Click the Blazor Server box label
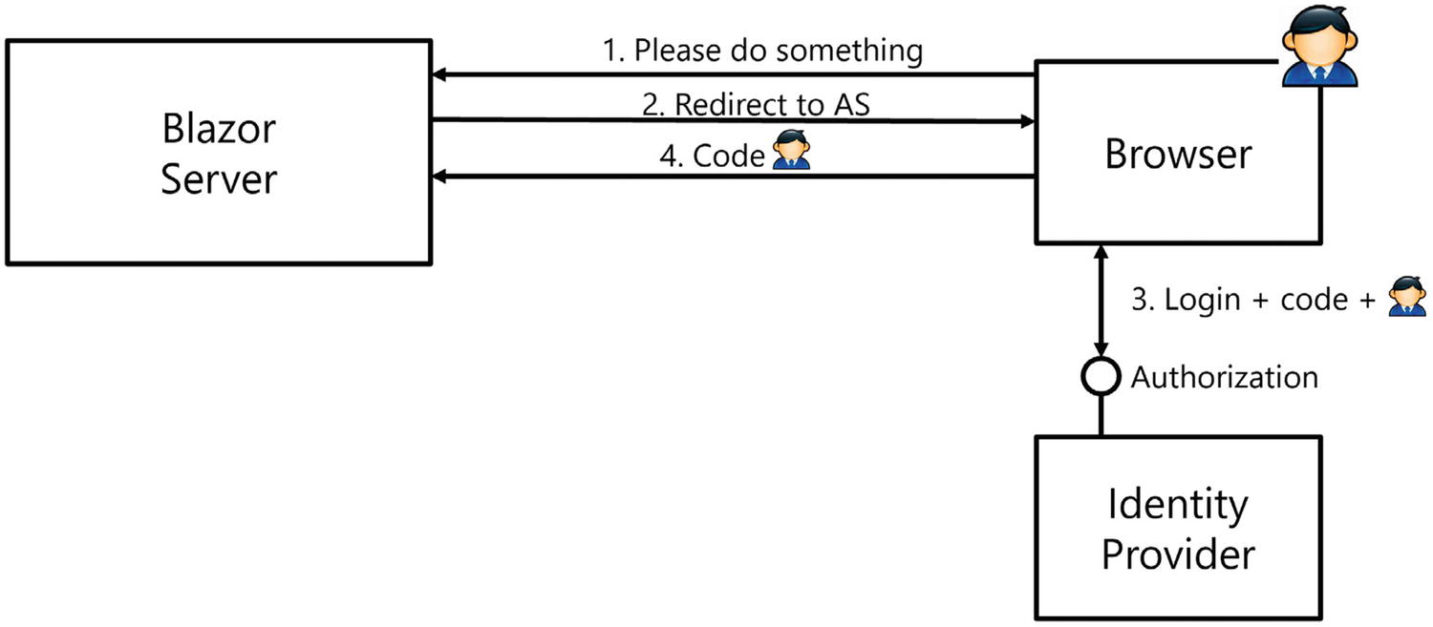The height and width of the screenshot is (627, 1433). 218,154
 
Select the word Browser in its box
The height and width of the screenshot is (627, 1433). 1178,154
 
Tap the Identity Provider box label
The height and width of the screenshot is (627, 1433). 1178,528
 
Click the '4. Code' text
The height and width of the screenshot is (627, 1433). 713,156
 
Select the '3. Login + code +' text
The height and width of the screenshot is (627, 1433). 1252,300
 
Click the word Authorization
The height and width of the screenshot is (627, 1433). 1225,377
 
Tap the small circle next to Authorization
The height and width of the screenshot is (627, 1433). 1101,377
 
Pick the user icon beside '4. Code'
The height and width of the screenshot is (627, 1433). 791,152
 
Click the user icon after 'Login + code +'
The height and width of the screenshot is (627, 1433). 1407,297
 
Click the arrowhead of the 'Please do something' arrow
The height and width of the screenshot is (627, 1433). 439,74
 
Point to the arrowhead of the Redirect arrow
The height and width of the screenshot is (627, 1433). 1027,120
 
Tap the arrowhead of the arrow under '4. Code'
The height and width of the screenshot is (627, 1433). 439,176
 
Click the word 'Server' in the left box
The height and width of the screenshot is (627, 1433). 218,179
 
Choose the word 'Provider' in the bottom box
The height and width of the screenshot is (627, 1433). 1178,554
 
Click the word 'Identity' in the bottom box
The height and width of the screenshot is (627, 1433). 1178,503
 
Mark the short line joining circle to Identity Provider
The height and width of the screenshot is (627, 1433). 1101,416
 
